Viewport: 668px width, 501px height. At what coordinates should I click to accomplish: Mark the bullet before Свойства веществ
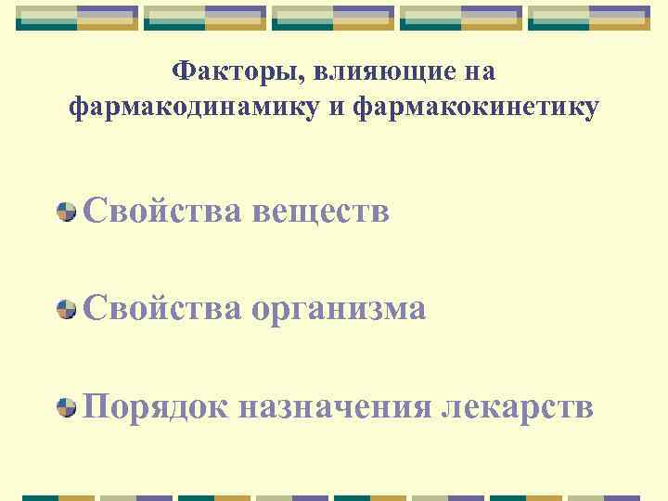pyautogui.click(x=66, y=212)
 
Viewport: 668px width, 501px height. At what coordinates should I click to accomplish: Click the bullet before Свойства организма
pyautogui.click(x=66, y=309)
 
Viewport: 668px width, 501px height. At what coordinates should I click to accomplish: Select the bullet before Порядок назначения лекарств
pyautogui.click(x=66, y=406)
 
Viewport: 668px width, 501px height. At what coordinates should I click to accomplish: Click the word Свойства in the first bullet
pyautogui.click(x=163, y=212)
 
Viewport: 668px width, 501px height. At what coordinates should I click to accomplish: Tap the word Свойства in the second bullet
pyautogui.click(x=163, y=309)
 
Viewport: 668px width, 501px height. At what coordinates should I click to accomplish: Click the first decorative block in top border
pyautogui.click(x=78, y=18)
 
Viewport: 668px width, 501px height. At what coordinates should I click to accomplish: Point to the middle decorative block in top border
pyautogui.click(x=334, y=18)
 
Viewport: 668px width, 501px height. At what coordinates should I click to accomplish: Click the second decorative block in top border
pyautogui.click(x=206, y=18)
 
